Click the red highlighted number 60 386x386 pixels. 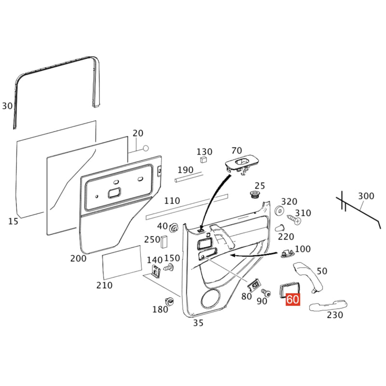(293, 299)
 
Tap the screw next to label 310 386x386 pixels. (294, 220)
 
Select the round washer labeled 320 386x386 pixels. (279, 210)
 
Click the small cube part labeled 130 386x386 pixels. (203, 159)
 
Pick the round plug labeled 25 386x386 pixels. (254, 194)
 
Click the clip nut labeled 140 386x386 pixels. (155, 271)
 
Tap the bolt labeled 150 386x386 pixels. (169, 267)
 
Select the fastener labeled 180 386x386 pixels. (169, 301)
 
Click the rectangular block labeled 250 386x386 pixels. (164, 242)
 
